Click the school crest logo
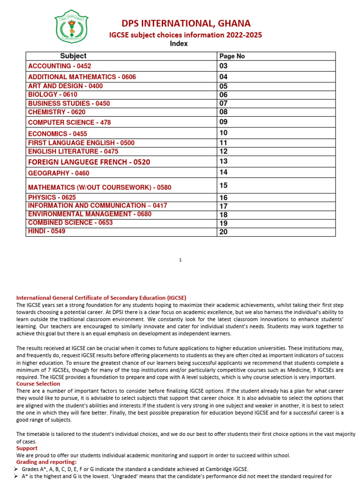[71, 27]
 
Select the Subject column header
[73, 56]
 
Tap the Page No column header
[232, 56]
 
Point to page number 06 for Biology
[223, 95]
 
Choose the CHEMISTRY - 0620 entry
[53, 112]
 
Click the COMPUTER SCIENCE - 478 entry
[69, 122]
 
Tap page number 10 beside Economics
[223, 133]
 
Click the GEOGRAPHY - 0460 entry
[59, 173]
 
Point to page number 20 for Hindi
[223, 232]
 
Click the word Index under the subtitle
[179, 44]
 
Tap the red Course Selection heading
[38, 384]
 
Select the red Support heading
[27, 449]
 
